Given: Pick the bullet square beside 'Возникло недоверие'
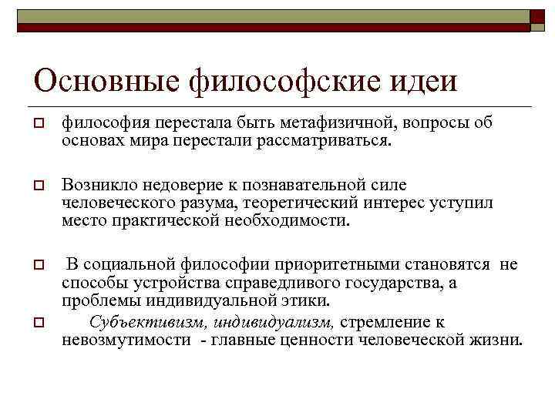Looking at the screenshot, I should coord(38,186).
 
